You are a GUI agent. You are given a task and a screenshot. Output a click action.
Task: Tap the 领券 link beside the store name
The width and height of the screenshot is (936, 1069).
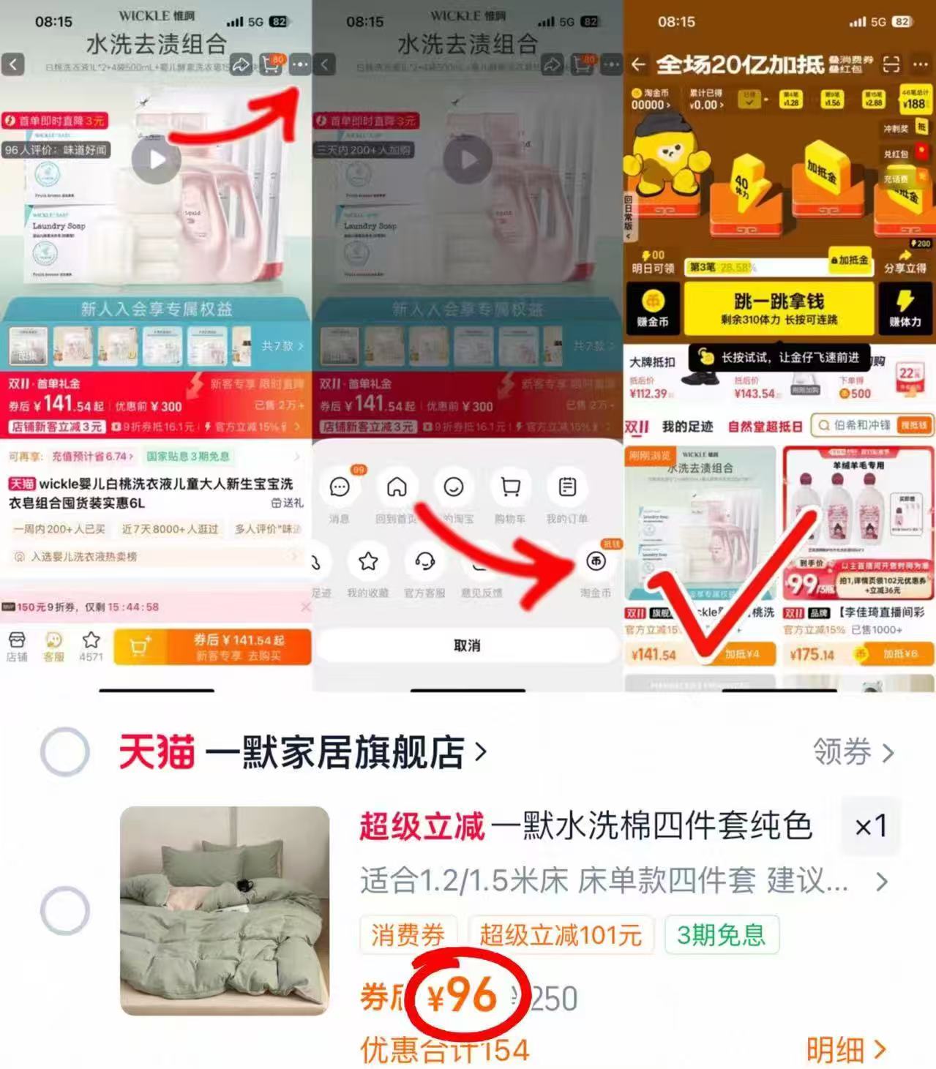tap(853, 752)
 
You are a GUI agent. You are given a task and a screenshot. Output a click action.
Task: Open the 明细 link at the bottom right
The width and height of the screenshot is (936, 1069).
tap(846, 1050)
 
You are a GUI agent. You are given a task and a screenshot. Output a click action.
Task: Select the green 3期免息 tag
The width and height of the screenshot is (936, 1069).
tap(721, 934)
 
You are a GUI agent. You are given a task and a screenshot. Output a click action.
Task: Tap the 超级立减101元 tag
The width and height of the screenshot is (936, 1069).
tap(560, 934)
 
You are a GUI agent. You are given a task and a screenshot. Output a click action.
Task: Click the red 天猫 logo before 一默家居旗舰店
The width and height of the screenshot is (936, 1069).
tap(157, 752)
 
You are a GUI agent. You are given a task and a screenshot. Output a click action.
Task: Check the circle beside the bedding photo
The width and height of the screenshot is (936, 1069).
tap(64, 910)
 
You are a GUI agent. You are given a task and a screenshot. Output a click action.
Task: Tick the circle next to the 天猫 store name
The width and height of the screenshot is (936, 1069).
tap(64, 751)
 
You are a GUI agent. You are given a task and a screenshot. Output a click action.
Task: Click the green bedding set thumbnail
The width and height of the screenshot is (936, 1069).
tap(225, 910)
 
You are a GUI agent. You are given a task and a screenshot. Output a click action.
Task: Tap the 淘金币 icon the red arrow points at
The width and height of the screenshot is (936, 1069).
tap(596, 561)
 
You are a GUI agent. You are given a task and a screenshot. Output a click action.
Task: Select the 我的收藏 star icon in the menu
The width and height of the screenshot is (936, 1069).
tap(368, 561)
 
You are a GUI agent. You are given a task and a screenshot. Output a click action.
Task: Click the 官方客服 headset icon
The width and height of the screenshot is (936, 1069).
tap(424, 561)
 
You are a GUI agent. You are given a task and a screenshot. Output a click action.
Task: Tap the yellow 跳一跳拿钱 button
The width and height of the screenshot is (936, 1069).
tap(778, 308)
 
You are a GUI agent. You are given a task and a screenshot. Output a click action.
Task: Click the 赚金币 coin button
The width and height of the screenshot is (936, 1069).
tap(652, 308)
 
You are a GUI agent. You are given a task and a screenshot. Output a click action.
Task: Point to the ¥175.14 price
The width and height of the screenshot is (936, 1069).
tap(812, 654)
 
